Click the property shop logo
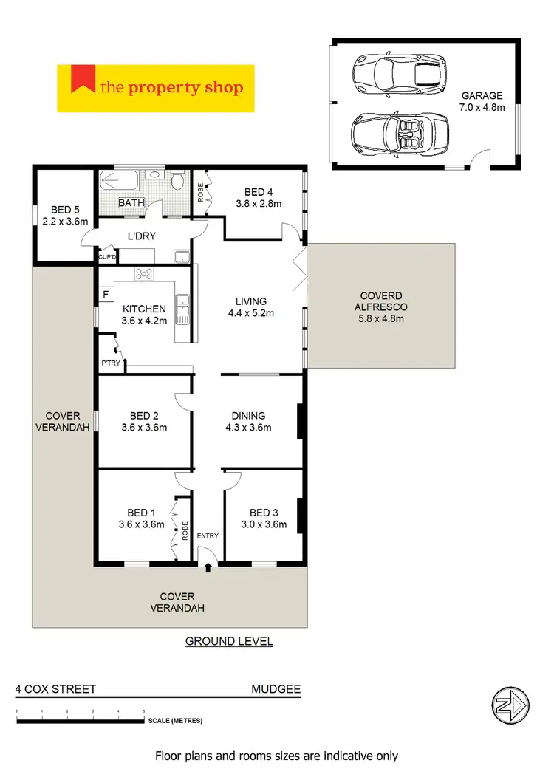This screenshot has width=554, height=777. click(x=155, y=89)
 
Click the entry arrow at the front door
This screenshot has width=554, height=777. click(x=208, y=567)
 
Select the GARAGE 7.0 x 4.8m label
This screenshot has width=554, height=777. click(x=482, y=101)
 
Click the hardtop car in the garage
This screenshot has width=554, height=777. click(x=398, y=73)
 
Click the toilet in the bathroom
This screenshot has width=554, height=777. click(x=177, y=182)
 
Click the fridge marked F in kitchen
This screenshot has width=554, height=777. click(x=106, y=295)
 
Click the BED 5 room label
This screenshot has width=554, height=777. click(x=64, y=215)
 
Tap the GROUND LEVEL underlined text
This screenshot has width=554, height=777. click(x=229, y=641)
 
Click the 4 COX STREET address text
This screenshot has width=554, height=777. click(x=56, y=689)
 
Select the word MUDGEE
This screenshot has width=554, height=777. click(x=276, y=689)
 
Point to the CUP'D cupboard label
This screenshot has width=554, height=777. click(x=105, y=256)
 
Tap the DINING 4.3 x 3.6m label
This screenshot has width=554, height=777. click(x=248, y=421)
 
